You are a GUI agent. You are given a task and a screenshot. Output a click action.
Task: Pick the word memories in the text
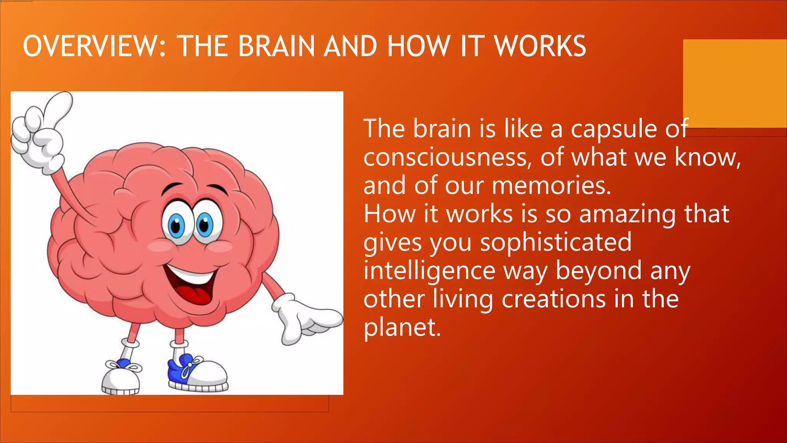point(551,186)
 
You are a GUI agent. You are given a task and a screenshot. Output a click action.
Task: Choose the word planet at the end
point(402,328)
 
